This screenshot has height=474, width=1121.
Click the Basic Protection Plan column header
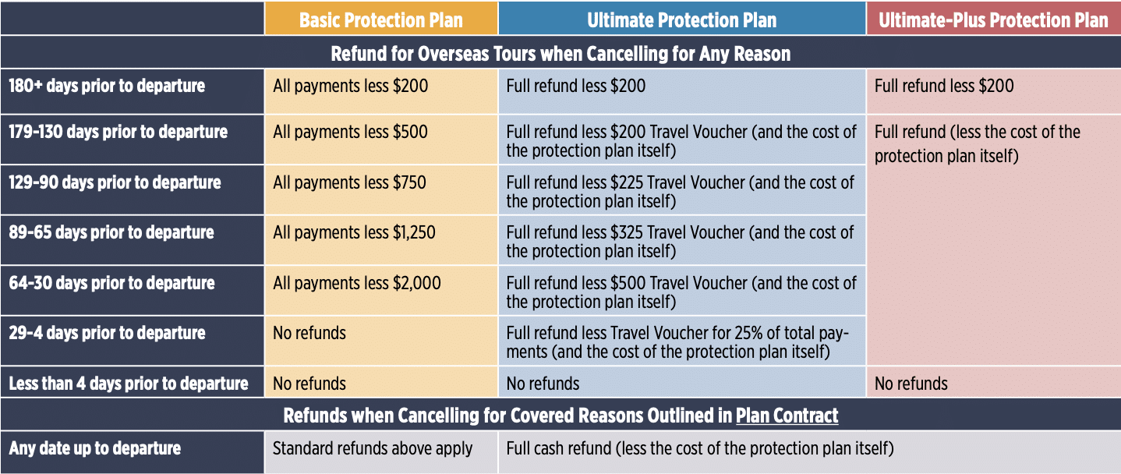[381, 20]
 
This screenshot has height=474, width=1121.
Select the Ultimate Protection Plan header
[681, 20]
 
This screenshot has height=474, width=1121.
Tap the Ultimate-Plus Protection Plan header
[993, 20]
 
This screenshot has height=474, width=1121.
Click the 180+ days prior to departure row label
[107, 86]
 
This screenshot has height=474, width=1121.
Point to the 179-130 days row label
[118, 132]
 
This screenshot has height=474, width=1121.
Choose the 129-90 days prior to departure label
[115, 182]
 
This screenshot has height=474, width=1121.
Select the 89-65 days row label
[111, 233]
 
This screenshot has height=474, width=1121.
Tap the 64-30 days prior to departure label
[111, 283]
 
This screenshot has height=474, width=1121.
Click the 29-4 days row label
[107, 334]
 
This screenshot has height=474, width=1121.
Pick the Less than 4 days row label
[128, 384]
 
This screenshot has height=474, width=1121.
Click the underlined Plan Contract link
[787, 416]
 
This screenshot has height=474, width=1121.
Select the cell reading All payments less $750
[349, 182]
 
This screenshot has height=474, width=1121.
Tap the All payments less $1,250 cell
[354, 233]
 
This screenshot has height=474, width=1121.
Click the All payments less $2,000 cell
[357, 283]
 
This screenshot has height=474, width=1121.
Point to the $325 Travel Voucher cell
[680, 242]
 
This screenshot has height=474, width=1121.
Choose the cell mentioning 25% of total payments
[677, 342]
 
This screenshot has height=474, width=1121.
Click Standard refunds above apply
[373, 448]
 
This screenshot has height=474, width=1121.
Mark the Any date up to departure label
[94, 448]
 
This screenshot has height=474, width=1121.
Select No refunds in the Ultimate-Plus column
[911, 384]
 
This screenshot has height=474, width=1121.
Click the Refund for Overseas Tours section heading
[560, 54]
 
